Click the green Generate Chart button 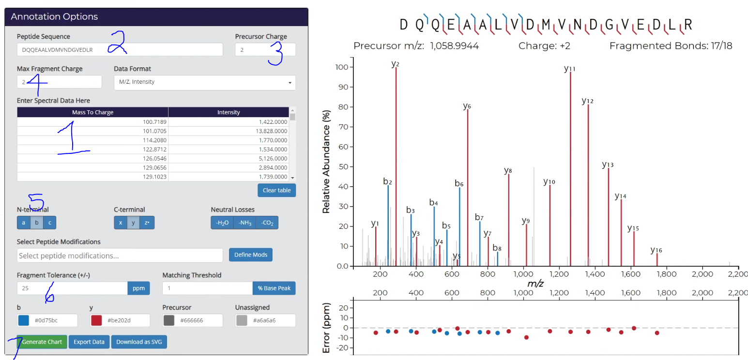pos(42,342)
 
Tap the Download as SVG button pos(139,342)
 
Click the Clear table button pos(276,190)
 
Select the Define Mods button pos(250,255)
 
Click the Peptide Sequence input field pos(120,49)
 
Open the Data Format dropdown pos(205,82)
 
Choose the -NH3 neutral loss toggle pos(244,223)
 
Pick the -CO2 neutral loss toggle pos(267,223)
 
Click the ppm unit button pos(138,288)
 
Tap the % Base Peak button pos(274,288)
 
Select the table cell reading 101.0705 pos(92,131)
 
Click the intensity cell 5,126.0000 pos(229,159)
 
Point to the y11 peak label pos(570,69)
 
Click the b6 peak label pos(459,183)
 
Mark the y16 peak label pos(656,250)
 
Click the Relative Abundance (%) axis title pos(326,168)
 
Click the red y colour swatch pos(96,320)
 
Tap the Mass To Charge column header pos(92,112)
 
